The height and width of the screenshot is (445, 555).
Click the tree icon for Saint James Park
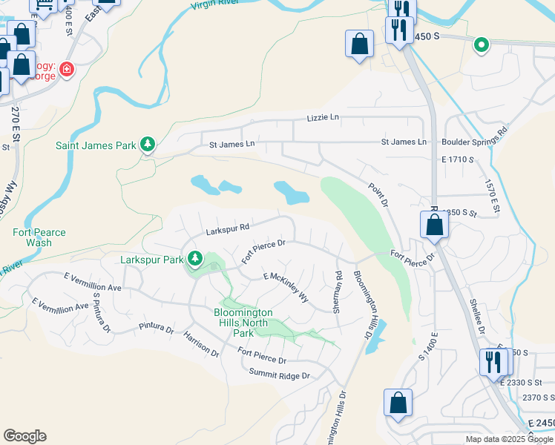coord(148,144)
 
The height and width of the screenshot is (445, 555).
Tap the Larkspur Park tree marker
coord(195,259)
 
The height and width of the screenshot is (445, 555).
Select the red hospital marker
coord(67,70)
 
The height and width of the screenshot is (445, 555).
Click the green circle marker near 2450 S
coord(482,45)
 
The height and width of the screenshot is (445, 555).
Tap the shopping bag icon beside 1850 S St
coord(434,224)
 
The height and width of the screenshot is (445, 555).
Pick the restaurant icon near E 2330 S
coord(490,362)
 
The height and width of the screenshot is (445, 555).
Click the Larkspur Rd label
coord(227,230)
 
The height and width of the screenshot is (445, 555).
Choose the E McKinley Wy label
coord(286,286)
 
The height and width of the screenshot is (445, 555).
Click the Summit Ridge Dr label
coord(279,375)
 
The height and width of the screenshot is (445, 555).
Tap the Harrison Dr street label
coord(201,343)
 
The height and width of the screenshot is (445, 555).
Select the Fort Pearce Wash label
coord(39,237)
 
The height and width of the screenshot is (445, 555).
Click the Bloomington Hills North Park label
coord(243,323)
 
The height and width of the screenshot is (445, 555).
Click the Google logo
coord(24,436)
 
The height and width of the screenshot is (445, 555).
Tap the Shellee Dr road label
coord(478,317)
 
